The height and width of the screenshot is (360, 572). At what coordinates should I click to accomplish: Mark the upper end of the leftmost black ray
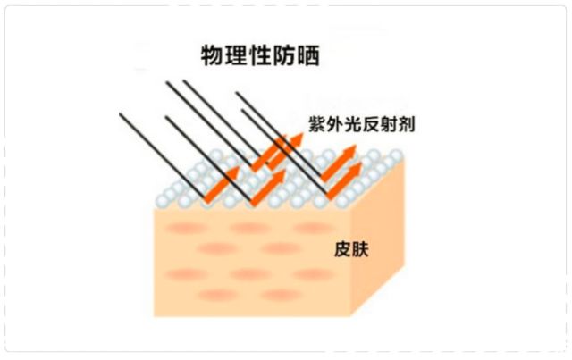[121, 113]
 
